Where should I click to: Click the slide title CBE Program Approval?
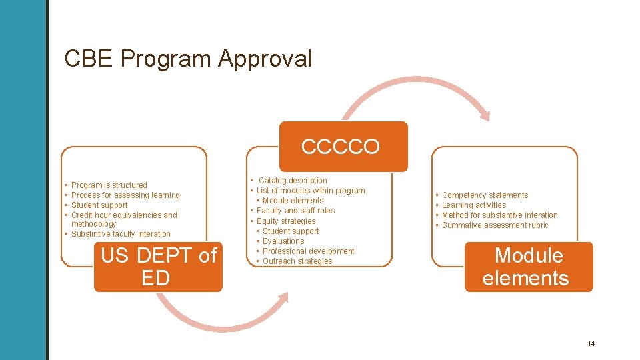pyautogui.click(x=188, y=59)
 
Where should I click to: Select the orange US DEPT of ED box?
pyautogui.click(x=158, y=267)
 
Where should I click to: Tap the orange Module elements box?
pyautogui.click(x=528, y=267)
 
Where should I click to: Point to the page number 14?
pyautogui.click(x=591, y=344)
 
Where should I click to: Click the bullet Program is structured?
pyautogui.click(x=109, y=185)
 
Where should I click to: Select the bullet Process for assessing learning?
pyautogui.click(x=125, y=195)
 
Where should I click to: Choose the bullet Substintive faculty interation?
pyautogui.click(x=121, y=234)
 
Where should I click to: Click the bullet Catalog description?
pyautogui.click(x=293, y=181)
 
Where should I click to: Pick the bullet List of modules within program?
pyautogui.click(x=311, y=191)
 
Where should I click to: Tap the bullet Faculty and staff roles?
pyautogui.click(x=296, y=211)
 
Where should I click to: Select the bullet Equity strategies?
pyautogui.click(x=286, y=221)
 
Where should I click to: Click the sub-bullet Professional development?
pyautogui.click(x=309, y=251)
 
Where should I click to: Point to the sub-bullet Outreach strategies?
pyautogui.click(x=297, y=261)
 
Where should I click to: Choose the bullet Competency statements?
pyautogui.click(x=485, y=195)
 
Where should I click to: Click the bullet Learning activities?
pyautogui.click(x=474, y=205)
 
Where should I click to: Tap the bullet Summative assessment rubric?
pyautogui.click(x=495, y=225)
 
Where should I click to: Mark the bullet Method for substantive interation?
pyautogui.click(x=500, y=215)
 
